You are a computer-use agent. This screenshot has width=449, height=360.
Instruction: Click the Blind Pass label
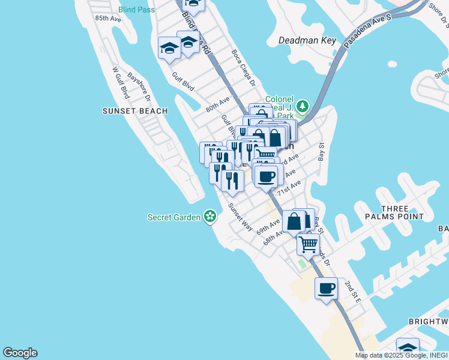pyautogui.click(x=137, y=10)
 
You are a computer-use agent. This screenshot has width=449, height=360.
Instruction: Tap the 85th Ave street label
pyautogui.click(x=108, y=19)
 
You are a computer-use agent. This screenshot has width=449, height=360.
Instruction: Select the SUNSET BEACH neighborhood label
pyautogui.click(x=130, y=111)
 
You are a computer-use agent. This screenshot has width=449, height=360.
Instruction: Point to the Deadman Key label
pyautogui.click(x=307, y=41)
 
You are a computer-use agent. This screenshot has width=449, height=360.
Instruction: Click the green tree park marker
pyautogui.click(x=303, y=107)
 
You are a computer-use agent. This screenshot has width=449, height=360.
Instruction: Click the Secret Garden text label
pyautogui.click(x=174, y=217)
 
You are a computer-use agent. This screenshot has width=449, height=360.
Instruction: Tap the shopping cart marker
pyautogui.click(x=308, y=244)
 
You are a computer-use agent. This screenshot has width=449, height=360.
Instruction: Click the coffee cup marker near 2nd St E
pyautogui.click(x=327, y=288)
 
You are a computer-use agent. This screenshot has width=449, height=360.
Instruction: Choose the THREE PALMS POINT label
pyautogui.click(x=402, y=212)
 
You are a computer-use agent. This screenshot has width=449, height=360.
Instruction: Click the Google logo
pyautogui.click(x=20, y=353)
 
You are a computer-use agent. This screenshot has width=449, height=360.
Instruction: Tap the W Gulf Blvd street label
pyautogui.click(x=121, y=82)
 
